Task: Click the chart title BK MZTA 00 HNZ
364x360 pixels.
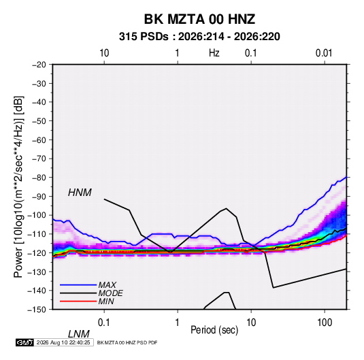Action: [x=199, y=19]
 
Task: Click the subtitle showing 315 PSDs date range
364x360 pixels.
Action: [x=199, y=37]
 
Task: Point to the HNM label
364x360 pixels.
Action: [x=80, y=193]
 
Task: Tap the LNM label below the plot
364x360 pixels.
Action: [x=79, y=334]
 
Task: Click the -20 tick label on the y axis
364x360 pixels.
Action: [x=39, y=65]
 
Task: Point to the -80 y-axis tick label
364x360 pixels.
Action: [x=39, y=178]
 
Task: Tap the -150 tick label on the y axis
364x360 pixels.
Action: [x=37, y=310]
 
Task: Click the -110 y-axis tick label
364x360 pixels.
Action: [x=37, y=234]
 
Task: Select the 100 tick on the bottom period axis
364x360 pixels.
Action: [x=325, y=323]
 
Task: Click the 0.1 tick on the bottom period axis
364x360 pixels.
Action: [x=104, y=323]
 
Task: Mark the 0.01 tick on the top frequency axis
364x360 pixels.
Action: [x=324, y=53]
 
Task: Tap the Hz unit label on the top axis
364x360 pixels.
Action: [x=214, y=53]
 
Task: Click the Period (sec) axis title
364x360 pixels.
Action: [x=214, y=330]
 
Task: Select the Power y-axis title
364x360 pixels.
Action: [x=18, y=186]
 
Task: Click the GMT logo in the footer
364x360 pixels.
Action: [x=24, y=342]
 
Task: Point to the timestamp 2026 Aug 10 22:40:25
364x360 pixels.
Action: [x=63, y=342]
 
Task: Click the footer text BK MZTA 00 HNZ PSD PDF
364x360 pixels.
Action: [x=127, y=342]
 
